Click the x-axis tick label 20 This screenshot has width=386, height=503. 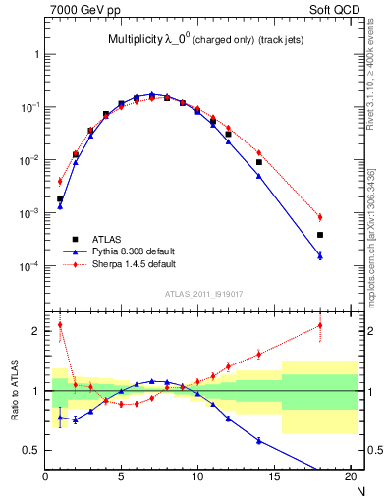[350, 477]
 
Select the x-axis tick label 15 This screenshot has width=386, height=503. [274, 477]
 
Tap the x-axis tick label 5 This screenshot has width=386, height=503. [122, 477]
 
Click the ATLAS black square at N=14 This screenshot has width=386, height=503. [259, 162]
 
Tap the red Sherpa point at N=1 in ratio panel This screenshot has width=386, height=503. [60, 325]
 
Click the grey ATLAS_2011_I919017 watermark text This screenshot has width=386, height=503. [203, 294]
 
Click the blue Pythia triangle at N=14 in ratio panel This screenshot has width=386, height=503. [259, 441]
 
